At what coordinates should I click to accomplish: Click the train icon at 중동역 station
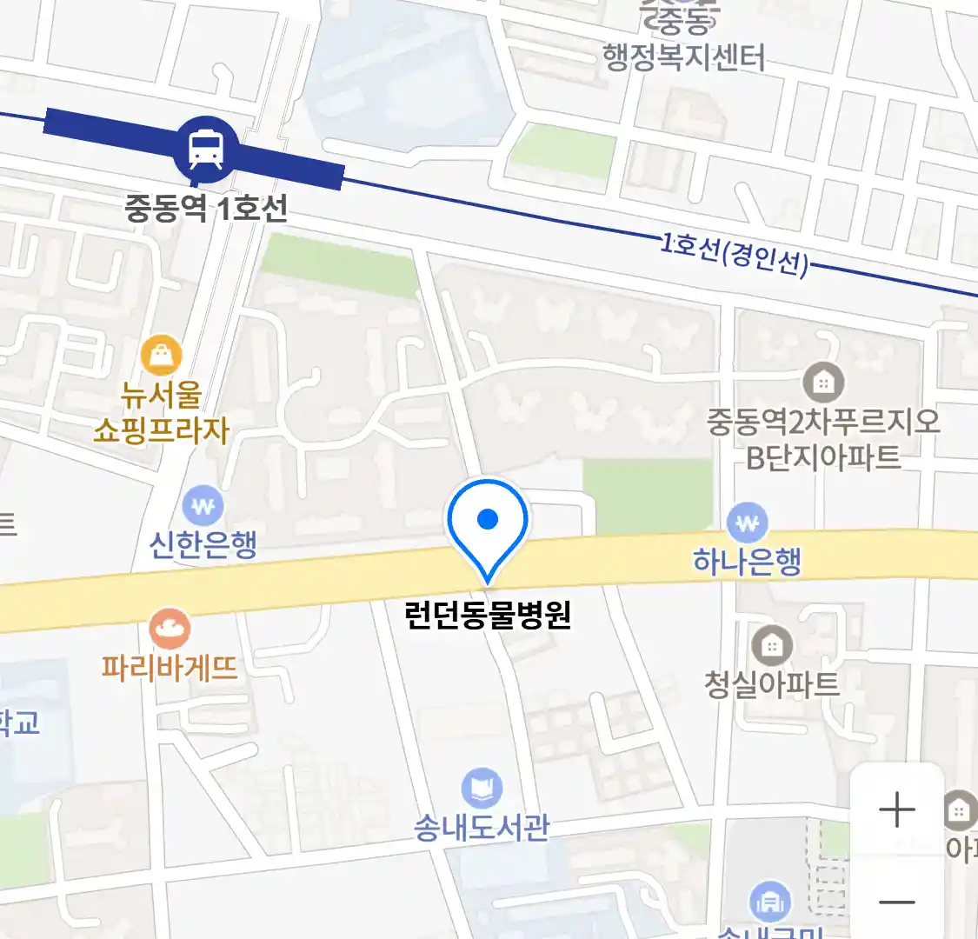pyautogui.click(x=206, y=148)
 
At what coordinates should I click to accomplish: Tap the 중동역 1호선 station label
pyautogui.click(x=206, y=209)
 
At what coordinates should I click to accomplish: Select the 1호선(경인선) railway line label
pyautogui.click(x=735, y=254)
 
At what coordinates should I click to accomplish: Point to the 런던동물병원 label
pyautogui.click(x=488, y=615)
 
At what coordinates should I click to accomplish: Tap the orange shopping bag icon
pyautogui.click(x=162, y=356)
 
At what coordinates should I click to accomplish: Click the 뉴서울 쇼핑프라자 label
pyautogui.click(x=162, y=412)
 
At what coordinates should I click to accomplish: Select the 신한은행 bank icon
pyautogui.click(x=203, y=505)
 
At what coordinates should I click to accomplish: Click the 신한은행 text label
pyautogui.click(x=203, y=545)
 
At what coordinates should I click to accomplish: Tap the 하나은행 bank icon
pyautogui.click(x=748, y=523)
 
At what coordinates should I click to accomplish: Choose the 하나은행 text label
pyautogui.click(x=748, y=562)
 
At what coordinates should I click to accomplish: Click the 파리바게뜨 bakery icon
pyautogui.click(x=170, y=629)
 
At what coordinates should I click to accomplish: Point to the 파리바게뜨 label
pyautogui.click(x=170, y=668)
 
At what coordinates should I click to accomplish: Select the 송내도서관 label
pyautogui.click(x=482, y=827)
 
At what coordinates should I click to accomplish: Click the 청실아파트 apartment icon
pyautogui.click(x=771, y=646)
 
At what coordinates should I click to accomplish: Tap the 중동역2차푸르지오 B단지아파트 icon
pyautogui.click(x=823, y=382)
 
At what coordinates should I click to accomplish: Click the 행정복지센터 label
pyautogui.click(x=684, y=58)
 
